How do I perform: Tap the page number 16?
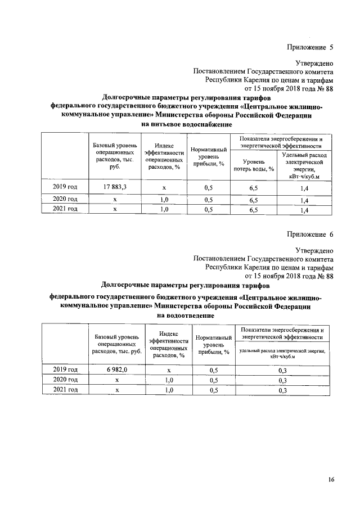coord(331,480)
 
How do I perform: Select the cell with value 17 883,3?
coord(115,186)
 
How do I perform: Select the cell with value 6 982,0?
coord(118,370)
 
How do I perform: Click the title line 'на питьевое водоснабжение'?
coord(186,124)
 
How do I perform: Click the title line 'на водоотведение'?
coord(186,316)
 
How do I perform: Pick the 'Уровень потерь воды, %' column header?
coord(254,165)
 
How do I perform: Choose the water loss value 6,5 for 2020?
coord(254,200)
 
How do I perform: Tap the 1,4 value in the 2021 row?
coord(304,210)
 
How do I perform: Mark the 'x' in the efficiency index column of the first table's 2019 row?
coord(164,186)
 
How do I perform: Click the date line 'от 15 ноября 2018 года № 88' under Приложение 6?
coord(289,276)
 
